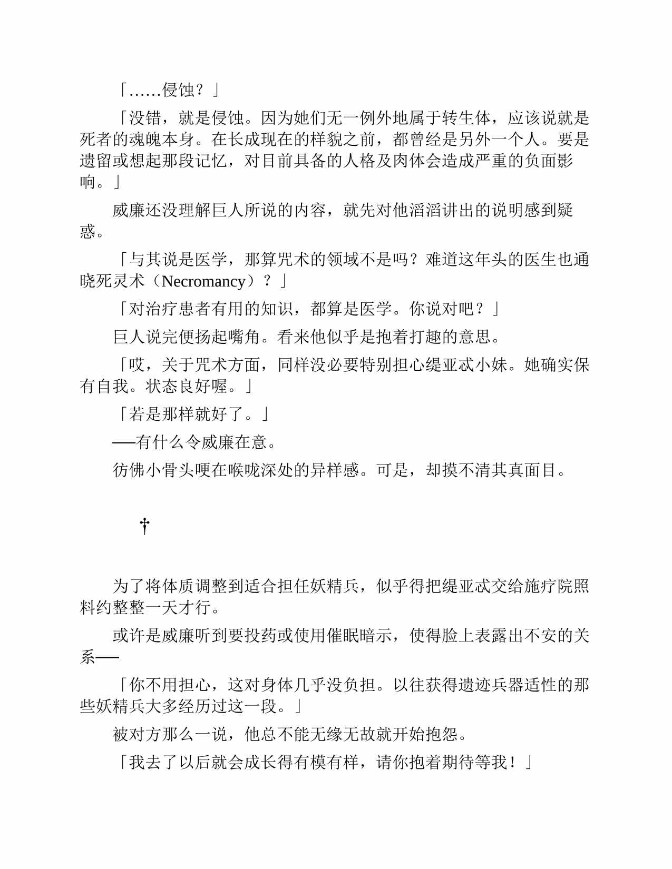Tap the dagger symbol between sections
coord(145,526)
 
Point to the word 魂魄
coord(145,139)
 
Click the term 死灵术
coord(121,281)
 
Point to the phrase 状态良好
coord(178,386)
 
